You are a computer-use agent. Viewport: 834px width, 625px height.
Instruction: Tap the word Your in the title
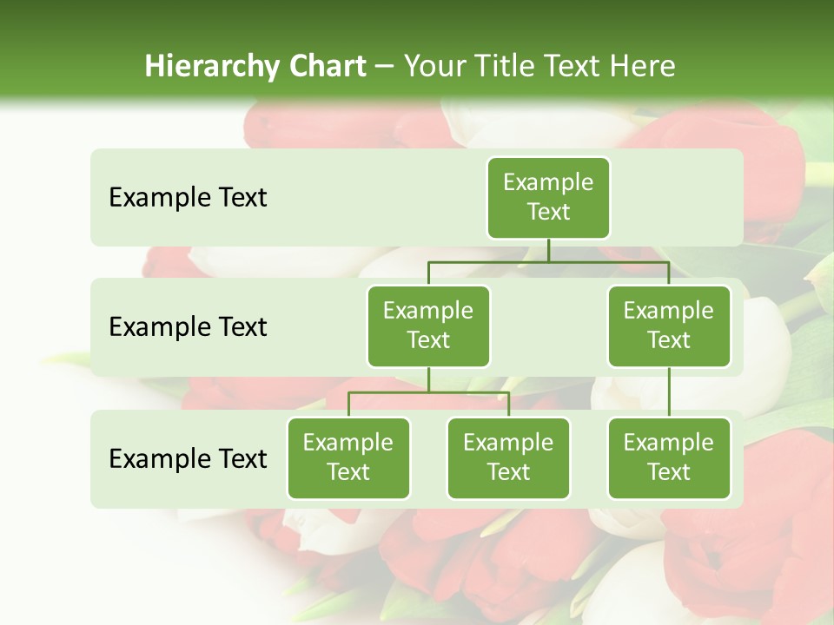coord(436,67)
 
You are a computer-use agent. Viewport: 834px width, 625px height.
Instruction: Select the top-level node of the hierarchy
coord(548,198)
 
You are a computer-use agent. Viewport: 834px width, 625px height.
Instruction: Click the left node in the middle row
coord(428,326)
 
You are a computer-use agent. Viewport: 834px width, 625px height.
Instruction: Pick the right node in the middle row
coord(669,326)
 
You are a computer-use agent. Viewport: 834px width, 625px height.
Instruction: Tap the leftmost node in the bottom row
coord(348,457)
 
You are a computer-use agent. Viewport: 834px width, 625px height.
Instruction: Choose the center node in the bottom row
coord(508,457)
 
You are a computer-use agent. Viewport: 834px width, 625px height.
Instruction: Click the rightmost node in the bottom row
coord(669,457)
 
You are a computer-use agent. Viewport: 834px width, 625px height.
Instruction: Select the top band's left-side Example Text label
coord(188,198)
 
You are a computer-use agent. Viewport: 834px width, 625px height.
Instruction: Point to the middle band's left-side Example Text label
coord(188,327)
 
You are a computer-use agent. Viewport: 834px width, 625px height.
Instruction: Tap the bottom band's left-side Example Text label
coord(188,458)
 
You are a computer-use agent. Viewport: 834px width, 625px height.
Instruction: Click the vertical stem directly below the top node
coord(548,250)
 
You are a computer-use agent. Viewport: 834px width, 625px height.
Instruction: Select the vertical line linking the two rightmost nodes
coord(669,392)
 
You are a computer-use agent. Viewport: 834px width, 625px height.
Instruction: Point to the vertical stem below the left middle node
coord(428,380)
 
